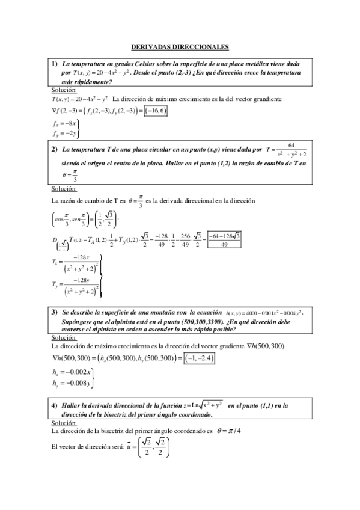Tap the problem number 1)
[x=54, y=63]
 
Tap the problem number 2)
[x=54, y=149]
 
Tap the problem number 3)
[x=54, y=312]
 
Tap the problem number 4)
[x=54, y=406]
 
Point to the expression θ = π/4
[x=228, y=431]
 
